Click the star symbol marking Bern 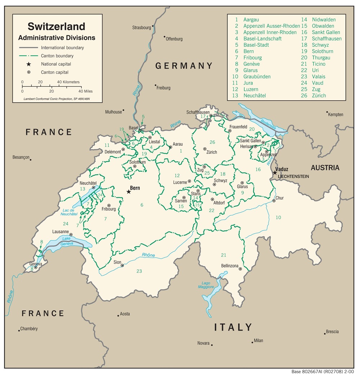(129, 192)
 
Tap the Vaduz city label (282, 169)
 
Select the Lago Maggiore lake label (206, 284)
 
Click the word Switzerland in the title (57, 27)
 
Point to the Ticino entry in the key (318, 64)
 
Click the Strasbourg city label (141, 27)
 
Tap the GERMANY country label (184, 66)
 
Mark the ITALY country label (233, 327)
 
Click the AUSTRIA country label (325, 168)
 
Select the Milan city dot (252, 342)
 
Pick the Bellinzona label (230, 266)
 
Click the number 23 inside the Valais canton (139, 271)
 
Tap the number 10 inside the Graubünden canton (278, 218)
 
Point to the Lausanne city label (60, 232)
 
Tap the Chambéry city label (29, 329)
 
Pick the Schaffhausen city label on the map (198, 112)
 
